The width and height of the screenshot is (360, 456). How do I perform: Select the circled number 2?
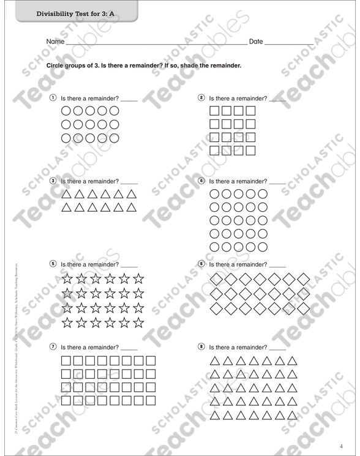pyautogui.click(x=201, y=98)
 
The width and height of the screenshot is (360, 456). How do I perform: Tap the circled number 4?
pyautogui.click(x=201, y=181)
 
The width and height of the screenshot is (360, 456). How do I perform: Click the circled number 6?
pyautogui.click(x=201, y=264)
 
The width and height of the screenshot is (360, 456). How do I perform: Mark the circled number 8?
pyautogui.click(x=201, y=346)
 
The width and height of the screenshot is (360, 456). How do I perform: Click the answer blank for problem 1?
pyautogui.click(x=129, y=100)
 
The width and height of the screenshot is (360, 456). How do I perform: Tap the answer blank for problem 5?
pyautogui.click(x=129, y=266)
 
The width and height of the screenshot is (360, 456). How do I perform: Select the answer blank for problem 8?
pyautogui.click(x=278, y=349)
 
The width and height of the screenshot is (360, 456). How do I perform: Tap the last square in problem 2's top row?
pyautogui.click(x=250, y=112)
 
